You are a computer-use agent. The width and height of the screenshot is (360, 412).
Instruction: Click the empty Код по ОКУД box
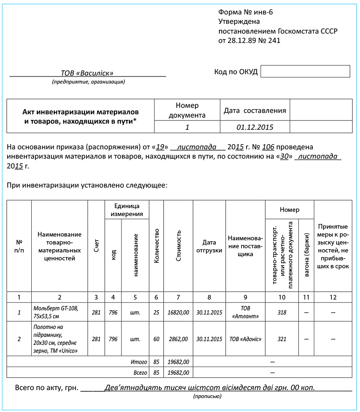305,71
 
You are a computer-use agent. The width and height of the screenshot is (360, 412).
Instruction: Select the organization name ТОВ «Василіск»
87,73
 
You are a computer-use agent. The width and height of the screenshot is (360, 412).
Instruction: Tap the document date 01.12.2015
255,127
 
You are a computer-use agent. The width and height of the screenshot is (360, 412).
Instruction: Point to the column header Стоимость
178,245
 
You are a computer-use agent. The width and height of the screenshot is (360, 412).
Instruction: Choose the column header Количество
156,245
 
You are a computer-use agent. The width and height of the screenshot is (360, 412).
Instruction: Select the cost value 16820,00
178,312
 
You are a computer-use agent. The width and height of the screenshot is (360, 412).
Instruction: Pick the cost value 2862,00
178,339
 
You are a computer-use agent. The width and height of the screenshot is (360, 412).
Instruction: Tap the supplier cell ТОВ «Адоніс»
245,339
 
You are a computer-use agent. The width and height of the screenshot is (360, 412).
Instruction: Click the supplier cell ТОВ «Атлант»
245,312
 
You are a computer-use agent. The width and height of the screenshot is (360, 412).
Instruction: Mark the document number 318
282,312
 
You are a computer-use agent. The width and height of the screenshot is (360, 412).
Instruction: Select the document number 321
282,339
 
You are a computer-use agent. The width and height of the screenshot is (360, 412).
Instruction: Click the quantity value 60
156,339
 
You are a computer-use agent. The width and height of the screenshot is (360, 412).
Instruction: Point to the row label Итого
138,362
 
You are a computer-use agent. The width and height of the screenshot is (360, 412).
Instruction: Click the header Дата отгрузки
209,246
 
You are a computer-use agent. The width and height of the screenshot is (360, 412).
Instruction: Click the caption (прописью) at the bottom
207,396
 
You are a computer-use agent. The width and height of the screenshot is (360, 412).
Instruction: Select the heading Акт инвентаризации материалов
81,112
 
